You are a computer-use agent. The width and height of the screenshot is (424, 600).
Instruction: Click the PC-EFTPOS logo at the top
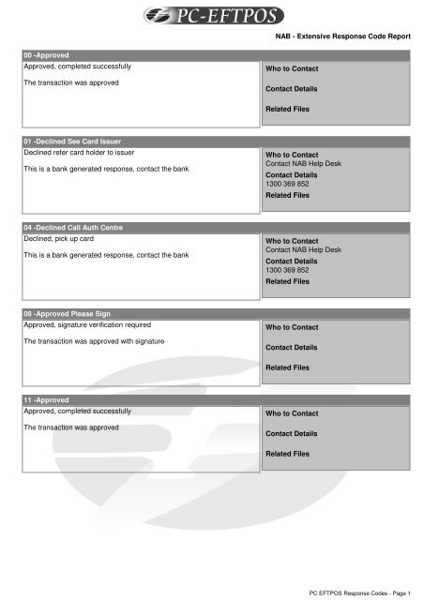pos(212,16)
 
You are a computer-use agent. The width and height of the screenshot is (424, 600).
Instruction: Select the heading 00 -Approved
pos(53,56)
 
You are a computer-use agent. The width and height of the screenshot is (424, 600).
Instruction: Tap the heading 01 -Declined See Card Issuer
pos(71,141)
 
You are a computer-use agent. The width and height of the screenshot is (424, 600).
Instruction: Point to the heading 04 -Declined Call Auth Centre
pos(72,228)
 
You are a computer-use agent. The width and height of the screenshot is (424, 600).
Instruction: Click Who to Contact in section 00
pos(293,68)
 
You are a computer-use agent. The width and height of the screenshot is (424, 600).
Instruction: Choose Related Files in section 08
pos(288,367)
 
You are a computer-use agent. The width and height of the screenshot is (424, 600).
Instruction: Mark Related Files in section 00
pos(288,109)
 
